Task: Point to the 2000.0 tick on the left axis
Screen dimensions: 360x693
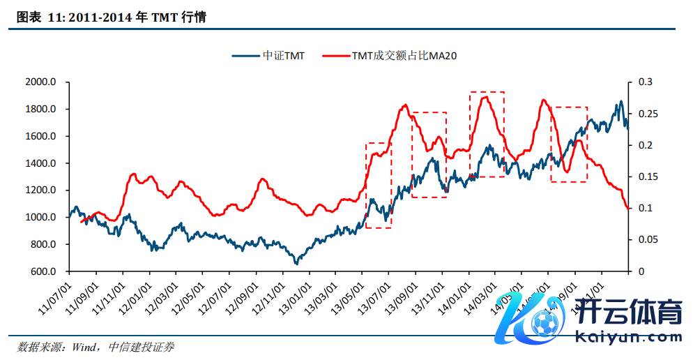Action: point(40,82)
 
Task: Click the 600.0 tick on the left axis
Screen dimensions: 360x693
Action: point(43,271)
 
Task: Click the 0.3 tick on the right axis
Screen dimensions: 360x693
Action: point(643,82)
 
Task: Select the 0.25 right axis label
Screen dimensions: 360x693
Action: point(646,114)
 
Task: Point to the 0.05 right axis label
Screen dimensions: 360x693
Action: point(646,240)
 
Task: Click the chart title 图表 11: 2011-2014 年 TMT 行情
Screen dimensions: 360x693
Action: point(111,18)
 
